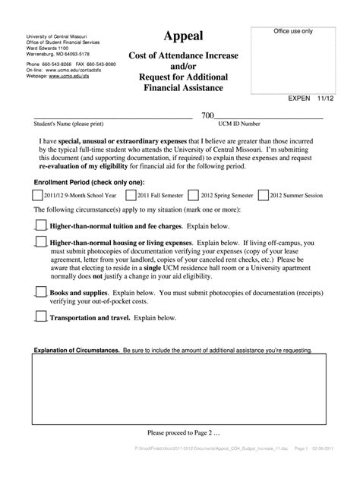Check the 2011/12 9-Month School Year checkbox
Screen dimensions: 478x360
pyautogui.click(x=38, y=195)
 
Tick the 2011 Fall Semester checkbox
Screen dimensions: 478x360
pyautogui.click(x=129, y=195)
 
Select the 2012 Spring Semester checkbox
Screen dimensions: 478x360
pyautogui.click(x=194, y=195)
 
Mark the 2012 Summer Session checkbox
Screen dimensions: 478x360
pyautogui.click(x=263, y=195)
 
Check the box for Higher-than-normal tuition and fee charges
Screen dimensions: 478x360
pyautogui.click(x=41, y=225)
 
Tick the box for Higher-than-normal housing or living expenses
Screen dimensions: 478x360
pyautogui.click(x=41, y=241)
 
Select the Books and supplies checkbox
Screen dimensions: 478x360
pyautogui.click(x=41, y=291)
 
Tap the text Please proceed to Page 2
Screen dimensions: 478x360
pyautogui.click(x=179, y=432)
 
